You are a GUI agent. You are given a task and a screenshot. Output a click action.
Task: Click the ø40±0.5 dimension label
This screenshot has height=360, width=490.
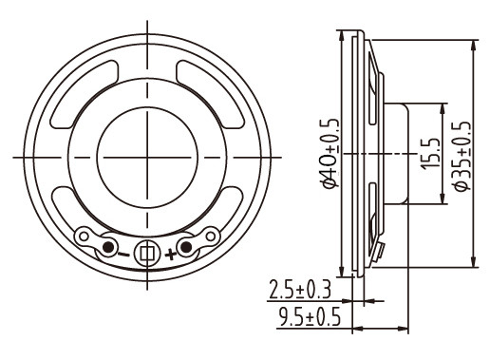tap(331, 153)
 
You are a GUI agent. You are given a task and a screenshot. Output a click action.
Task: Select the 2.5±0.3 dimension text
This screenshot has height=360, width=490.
tap(300, 290)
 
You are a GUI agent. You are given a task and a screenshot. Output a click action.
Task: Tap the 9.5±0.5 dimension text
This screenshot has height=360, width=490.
tap(310, 316)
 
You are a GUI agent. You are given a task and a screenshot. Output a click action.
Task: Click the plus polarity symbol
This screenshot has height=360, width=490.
tap(170, 254)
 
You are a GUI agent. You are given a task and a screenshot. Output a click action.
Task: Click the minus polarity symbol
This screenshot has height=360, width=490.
tap(123, 255)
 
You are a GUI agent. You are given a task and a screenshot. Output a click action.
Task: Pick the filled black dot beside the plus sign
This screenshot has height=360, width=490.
tap(186, 247)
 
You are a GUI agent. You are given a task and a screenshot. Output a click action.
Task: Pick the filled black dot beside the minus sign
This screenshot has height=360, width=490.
tap(108, 247)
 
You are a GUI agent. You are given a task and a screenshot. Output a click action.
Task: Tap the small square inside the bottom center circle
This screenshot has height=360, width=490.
tap(147, 254)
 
